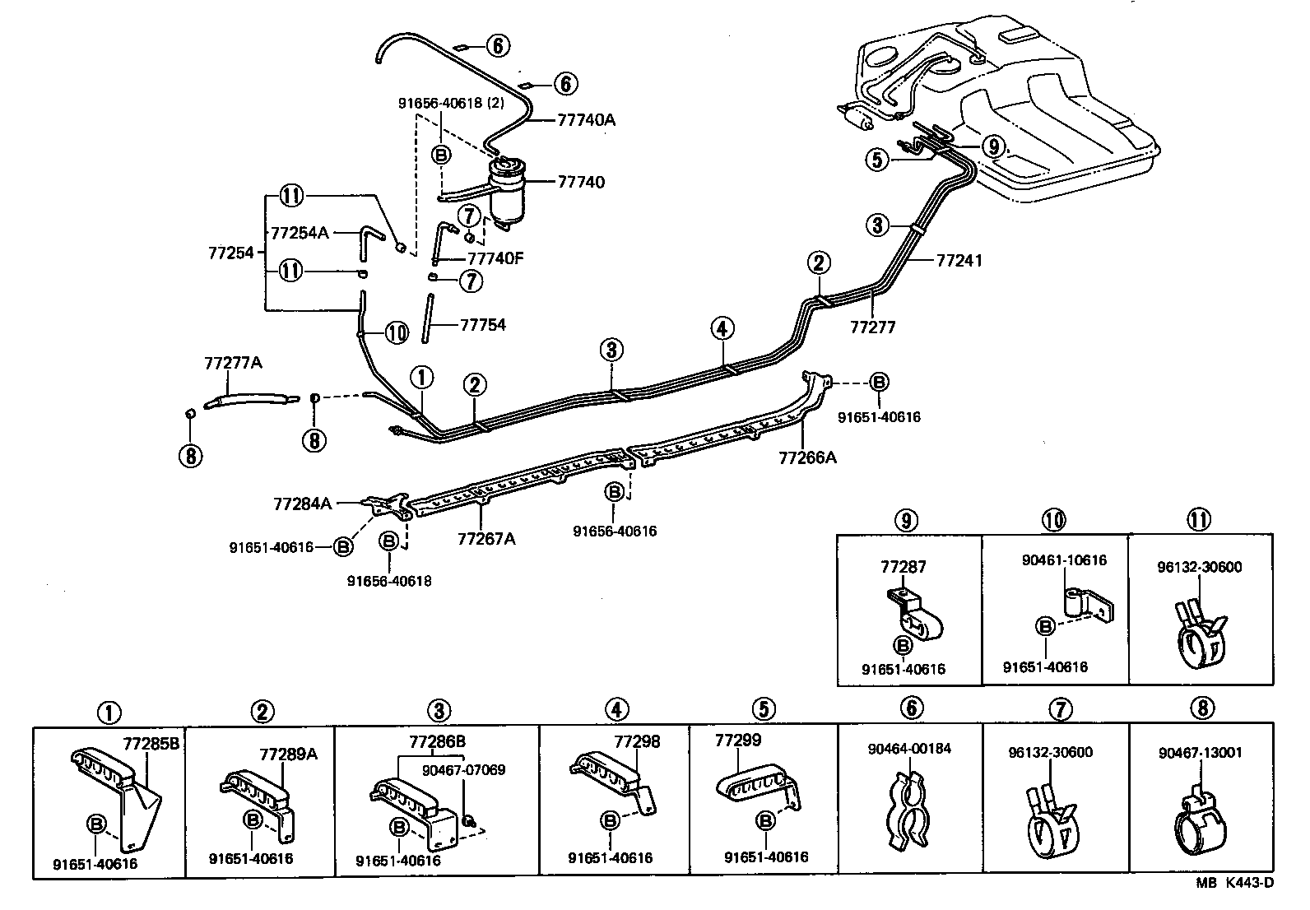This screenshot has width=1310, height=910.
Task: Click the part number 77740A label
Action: click(586, 119)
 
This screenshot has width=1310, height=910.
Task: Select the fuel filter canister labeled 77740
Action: click(509, 189)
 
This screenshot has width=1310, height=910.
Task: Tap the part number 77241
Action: click(959, 261)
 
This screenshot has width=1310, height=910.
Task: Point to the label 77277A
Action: click(233, 362)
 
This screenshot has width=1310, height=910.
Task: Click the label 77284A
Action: click(302, 503)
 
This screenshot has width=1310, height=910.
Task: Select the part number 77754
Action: click(482, 325)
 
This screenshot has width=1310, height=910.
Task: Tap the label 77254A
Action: click(300, 233)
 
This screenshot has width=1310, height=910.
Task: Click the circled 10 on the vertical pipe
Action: click(396, 332)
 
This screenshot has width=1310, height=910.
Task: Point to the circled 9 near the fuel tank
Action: click(994, 146)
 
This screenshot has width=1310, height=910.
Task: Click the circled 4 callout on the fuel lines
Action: click(721, 329)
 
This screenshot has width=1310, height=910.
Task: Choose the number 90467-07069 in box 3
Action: click(464, 770)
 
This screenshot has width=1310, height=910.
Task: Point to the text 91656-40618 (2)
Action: click(451, 104)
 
